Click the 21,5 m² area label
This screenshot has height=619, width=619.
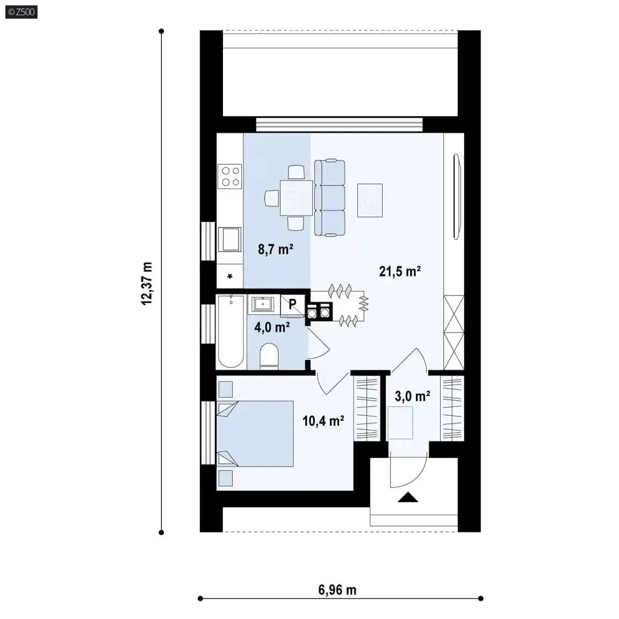400,271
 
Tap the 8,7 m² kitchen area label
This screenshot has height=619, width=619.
276,249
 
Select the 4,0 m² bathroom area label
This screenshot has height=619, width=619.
272,327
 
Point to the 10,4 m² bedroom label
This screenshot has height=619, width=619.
323,421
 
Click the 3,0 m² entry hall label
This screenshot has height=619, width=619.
413,396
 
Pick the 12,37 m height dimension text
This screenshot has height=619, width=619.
147,283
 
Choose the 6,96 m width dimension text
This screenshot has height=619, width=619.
337,590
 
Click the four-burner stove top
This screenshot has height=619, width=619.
230,176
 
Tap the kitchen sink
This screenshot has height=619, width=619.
230,239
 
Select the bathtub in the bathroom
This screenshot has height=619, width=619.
231,332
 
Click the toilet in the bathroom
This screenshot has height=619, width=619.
269,356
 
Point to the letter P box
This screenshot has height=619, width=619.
292,305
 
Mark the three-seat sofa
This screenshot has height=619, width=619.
329,198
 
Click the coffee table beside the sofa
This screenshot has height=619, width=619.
370,200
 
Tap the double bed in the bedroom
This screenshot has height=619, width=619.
255,434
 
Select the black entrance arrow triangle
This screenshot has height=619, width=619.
408,497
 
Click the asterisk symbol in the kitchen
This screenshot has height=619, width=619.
230,276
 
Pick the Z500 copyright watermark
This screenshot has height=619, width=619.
21,12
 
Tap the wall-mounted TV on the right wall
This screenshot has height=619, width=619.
457,197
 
